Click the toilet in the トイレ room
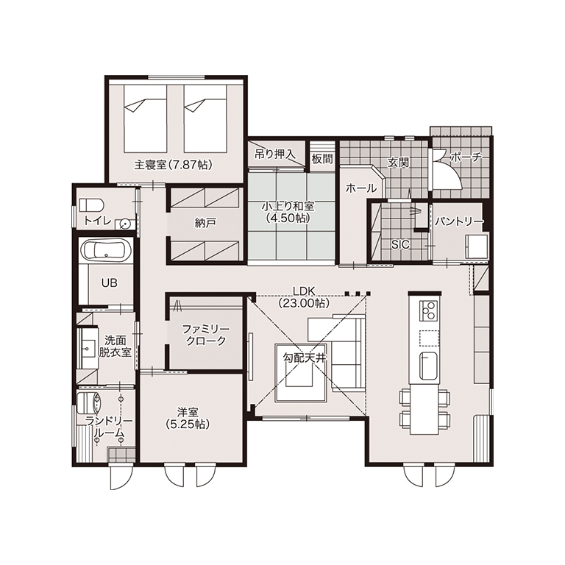91,205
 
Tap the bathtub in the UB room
106,250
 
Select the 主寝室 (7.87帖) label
174,165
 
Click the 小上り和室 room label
288,212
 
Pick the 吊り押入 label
275,154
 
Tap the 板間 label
322,159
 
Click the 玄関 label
398,163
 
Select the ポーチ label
466,157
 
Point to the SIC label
400,245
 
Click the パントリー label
458,221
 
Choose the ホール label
361,188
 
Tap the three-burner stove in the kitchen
429,310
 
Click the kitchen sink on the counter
429,366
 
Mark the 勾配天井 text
305,358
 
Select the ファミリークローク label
206,335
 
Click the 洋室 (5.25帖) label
188,418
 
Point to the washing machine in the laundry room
89,402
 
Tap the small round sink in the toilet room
124,224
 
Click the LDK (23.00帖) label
304,297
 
